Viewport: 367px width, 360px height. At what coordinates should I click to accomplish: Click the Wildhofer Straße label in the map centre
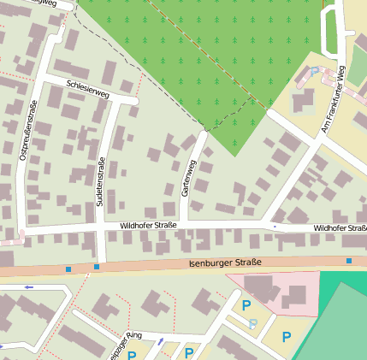(148, 225)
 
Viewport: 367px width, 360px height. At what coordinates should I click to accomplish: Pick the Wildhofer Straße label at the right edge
(340, 228)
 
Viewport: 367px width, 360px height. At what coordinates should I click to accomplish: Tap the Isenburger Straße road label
(225, 263)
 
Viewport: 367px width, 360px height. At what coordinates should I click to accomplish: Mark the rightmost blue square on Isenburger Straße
(349, 260)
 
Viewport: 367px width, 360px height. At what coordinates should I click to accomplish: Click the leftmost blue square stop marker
(68, 269)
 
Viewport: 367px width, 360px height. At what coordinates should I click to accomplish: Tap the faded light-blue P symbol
(253, 324)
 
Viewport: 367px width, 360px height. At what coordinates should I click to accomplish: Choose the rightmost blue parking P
(286, 336)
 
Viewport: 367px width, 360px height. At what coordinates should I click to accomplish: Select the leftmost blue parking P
(132, 355)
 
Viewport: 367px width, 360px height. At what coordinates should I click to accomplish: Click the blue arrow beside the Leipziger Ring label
(160, 342)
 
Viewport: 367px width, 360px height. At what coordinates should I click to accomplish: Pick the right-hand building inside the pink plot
(295, 296)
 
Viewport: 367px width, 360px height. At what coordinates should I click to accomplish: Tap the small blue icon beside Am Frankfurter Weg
(315, 71)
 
